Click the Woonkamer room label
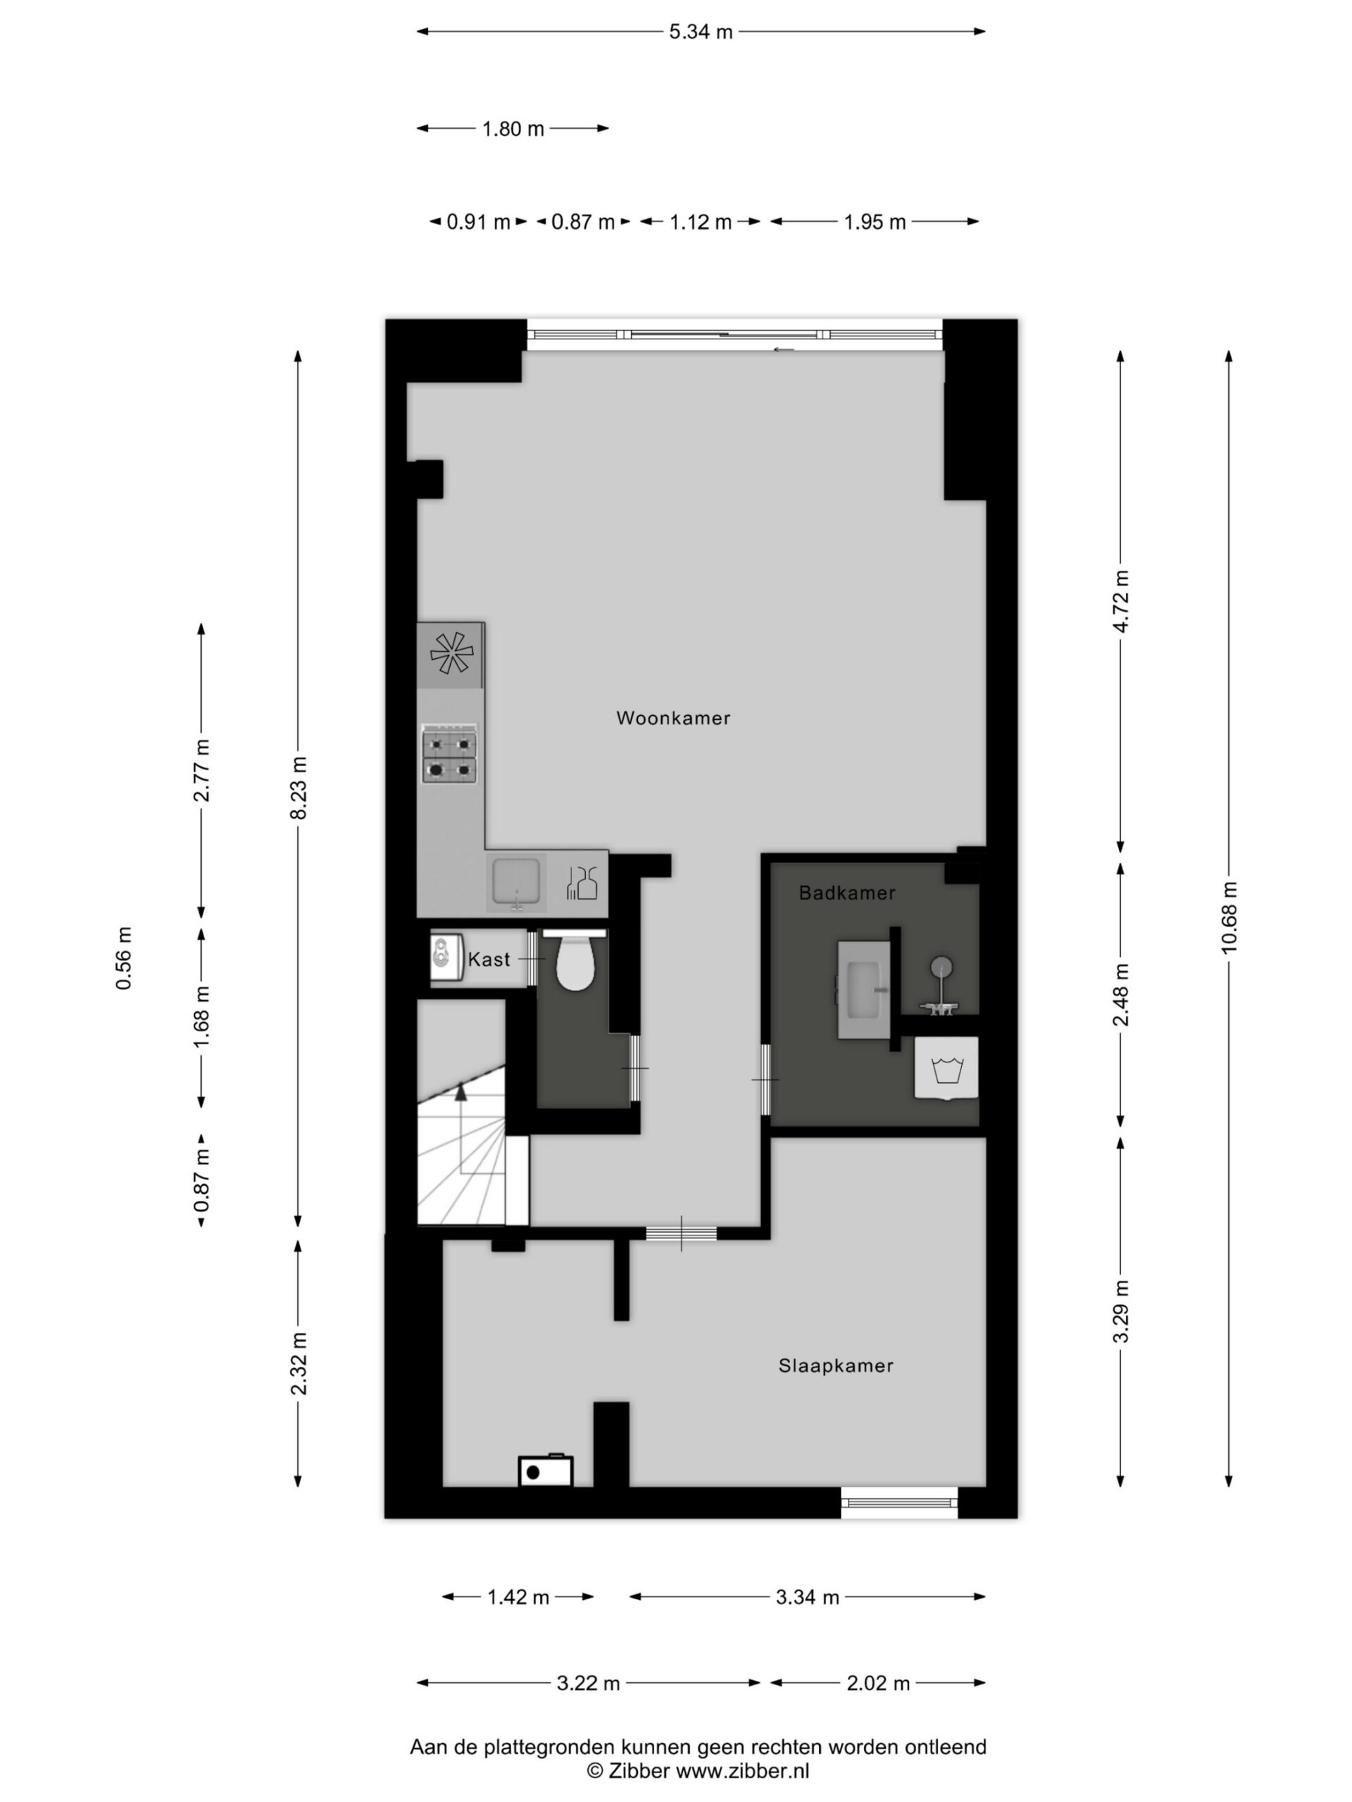tap(672, 718)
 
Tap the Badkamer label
tap(846, 893)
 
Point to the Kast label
tap(489, 959)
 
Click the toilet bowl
tap(575, 963)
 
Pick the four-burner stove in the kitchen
tap(449, 755)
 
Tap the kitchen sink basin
tap(516, 882)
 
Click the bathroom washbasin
tap(864, 989)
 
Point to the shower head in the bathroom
tap(942, 968)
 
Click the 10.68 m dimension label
tap(1229, 916)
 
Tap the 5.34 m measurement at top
tap(701, 32)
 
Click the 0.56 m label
tap(124, 959)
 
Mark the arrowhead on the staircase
tap(461, 1092)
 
